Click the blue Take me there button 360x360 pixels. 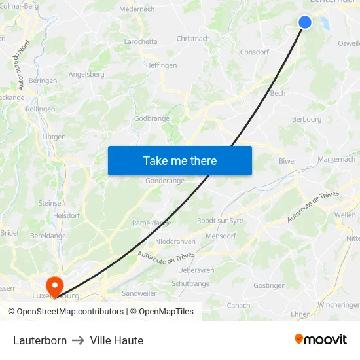[x=180, y=160]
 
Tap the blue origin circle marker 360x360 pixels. [x=305, y=22]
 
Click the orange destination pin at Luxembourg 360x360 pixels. [x=54, y=285]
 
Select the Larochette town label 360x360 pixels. [x=141, y=41]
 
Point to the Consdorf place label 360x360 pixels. [x=255, y=52]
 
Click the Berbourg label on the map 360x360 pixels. [x=306, y=119]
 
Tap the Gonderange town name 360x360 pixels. [x=165, y=181]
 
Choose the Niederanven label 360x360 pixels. [x=175, y=242]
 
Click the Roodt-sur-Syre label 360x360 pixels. [x=220, y=221]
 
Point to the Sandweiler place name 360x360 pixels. [x=139, y=293]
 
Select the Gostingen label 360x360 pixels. [x=269, y=285]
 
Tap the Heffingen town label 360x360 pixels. [x=161, y=65]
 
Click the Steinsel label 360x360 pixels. [x=50, y=203]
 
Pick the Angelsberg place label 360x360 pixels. [x=86, y=74]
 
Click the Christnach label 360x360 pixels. [x=193, y=39]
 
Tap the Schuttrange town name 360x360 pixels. [x=190, y=283]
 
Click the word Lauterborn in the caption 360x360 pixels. [x=40, y=340]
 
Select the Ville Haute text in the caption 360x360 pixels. [x=117, y=340]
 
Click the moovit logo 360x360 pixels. [x=321, y=339]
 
